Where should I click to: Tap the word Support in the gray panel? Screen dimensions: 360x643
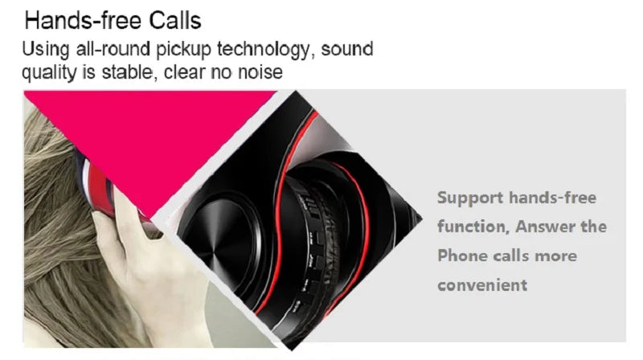point(470,198)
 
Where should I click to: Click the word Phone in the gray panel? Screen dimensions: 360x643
point(462,256)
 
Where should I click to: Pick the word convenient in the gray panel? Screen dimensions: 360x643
point(482,284)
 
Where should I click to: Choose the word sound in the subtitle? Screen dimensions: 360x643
point(347,49)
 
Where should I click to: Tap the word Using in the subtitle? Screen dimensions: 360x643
point(41,49)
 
